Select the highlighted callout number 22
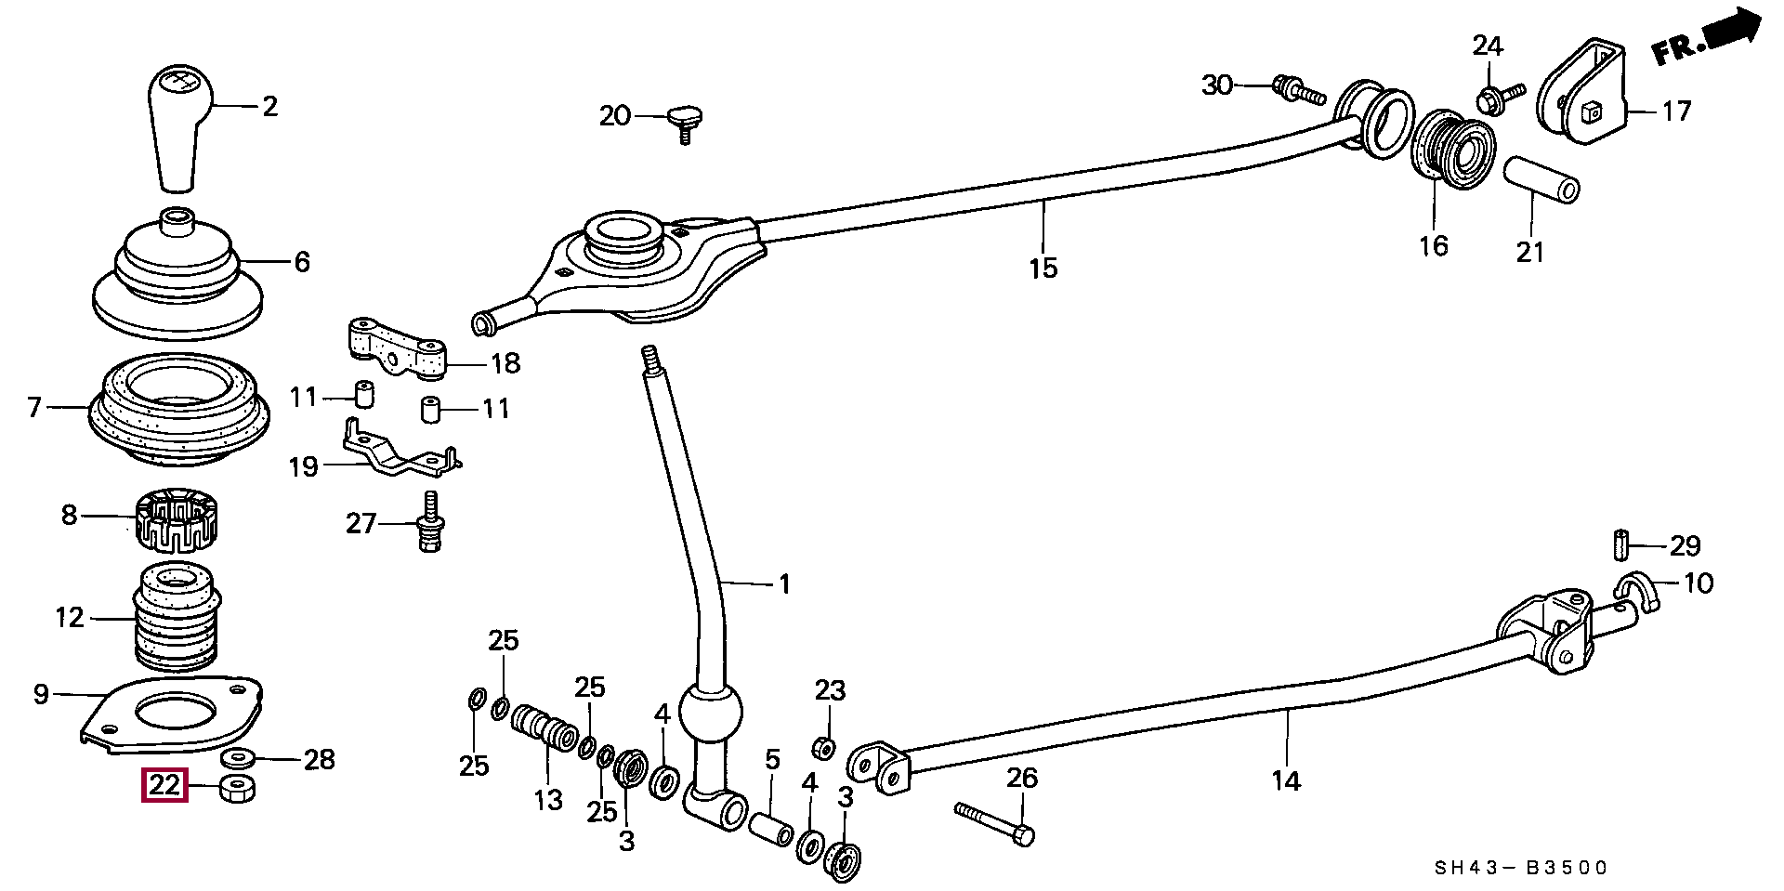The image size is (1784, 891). (x=164, y=786)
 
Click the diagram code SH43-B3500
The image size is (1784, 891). (x=1521, y=869)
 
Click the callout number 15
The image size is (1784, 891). (x=1043, y=268)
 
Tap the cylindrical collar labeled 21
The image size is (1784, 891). (x=1541, y=181)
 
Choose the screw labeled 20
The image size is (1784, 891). (x=686, y=124)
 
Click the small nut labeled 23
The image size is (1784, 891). (x=822, y=747)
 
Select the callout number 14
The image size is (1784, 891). (x=1286, y=781)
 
